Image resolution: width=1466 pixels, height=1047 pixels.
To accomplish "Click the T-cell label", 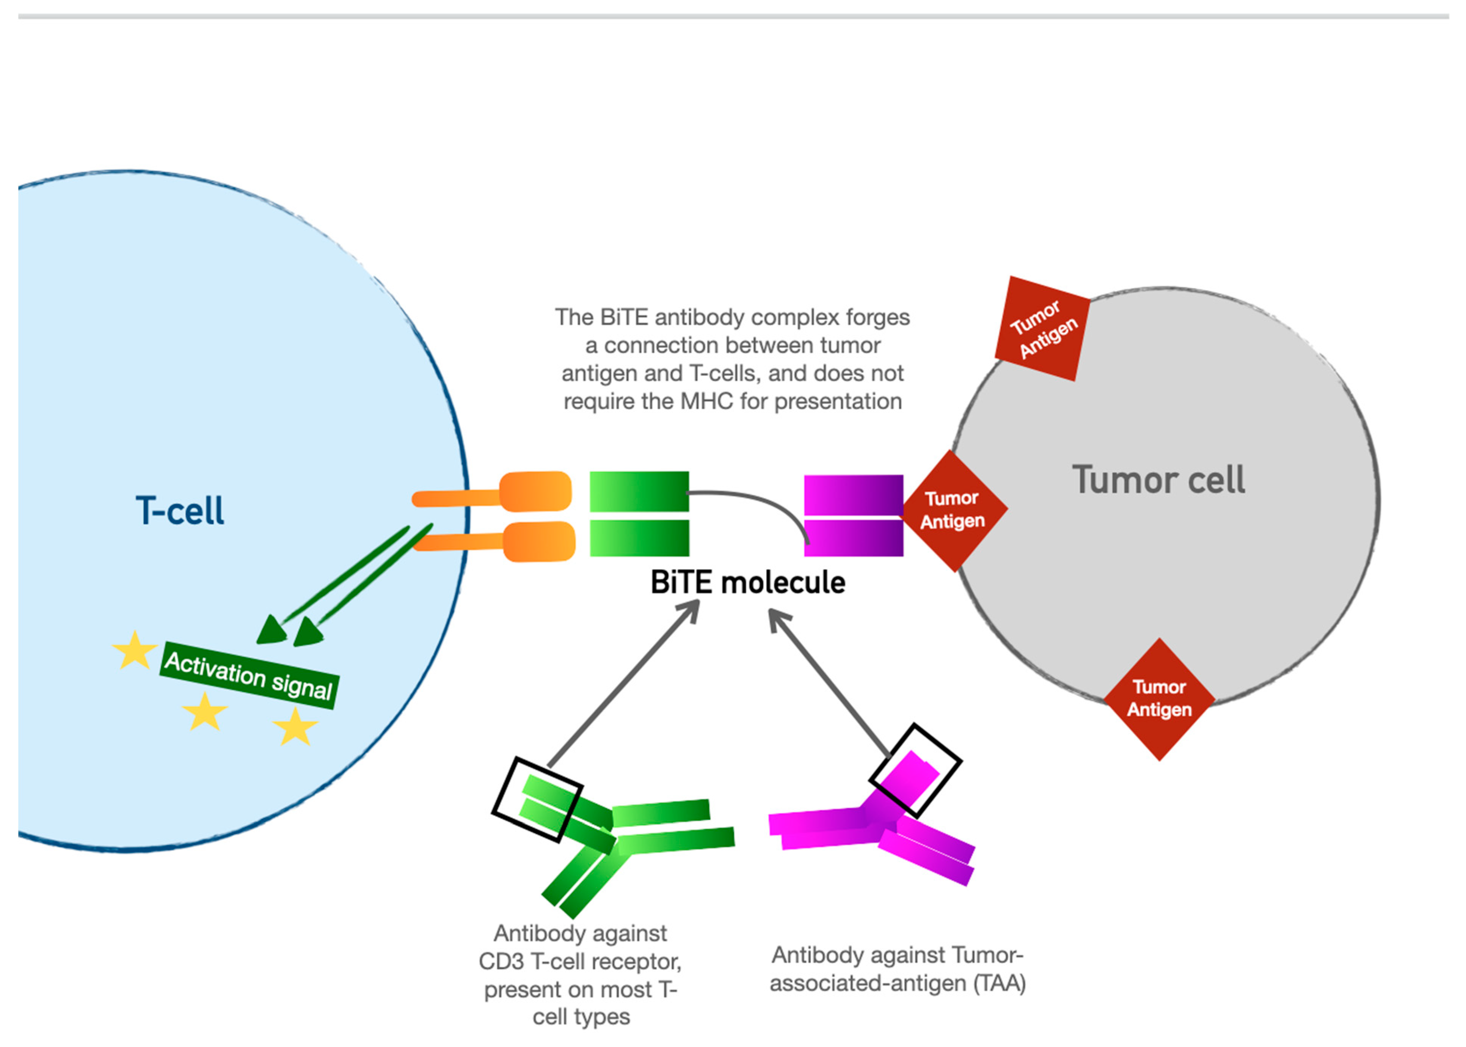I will coord(180,511).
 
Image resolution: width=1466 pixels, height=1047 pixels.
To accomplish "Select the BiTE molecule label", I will coord(747,582).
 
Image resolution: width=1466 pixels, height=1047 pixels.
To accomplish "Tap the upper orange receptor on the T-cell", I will coord(535,492).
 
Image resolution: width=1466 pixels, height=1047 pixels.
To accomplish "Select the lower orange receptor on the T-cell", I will coord(538,542).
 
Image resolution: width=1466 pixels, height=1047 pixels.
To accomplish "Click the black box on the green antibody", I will coord(537,799).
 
